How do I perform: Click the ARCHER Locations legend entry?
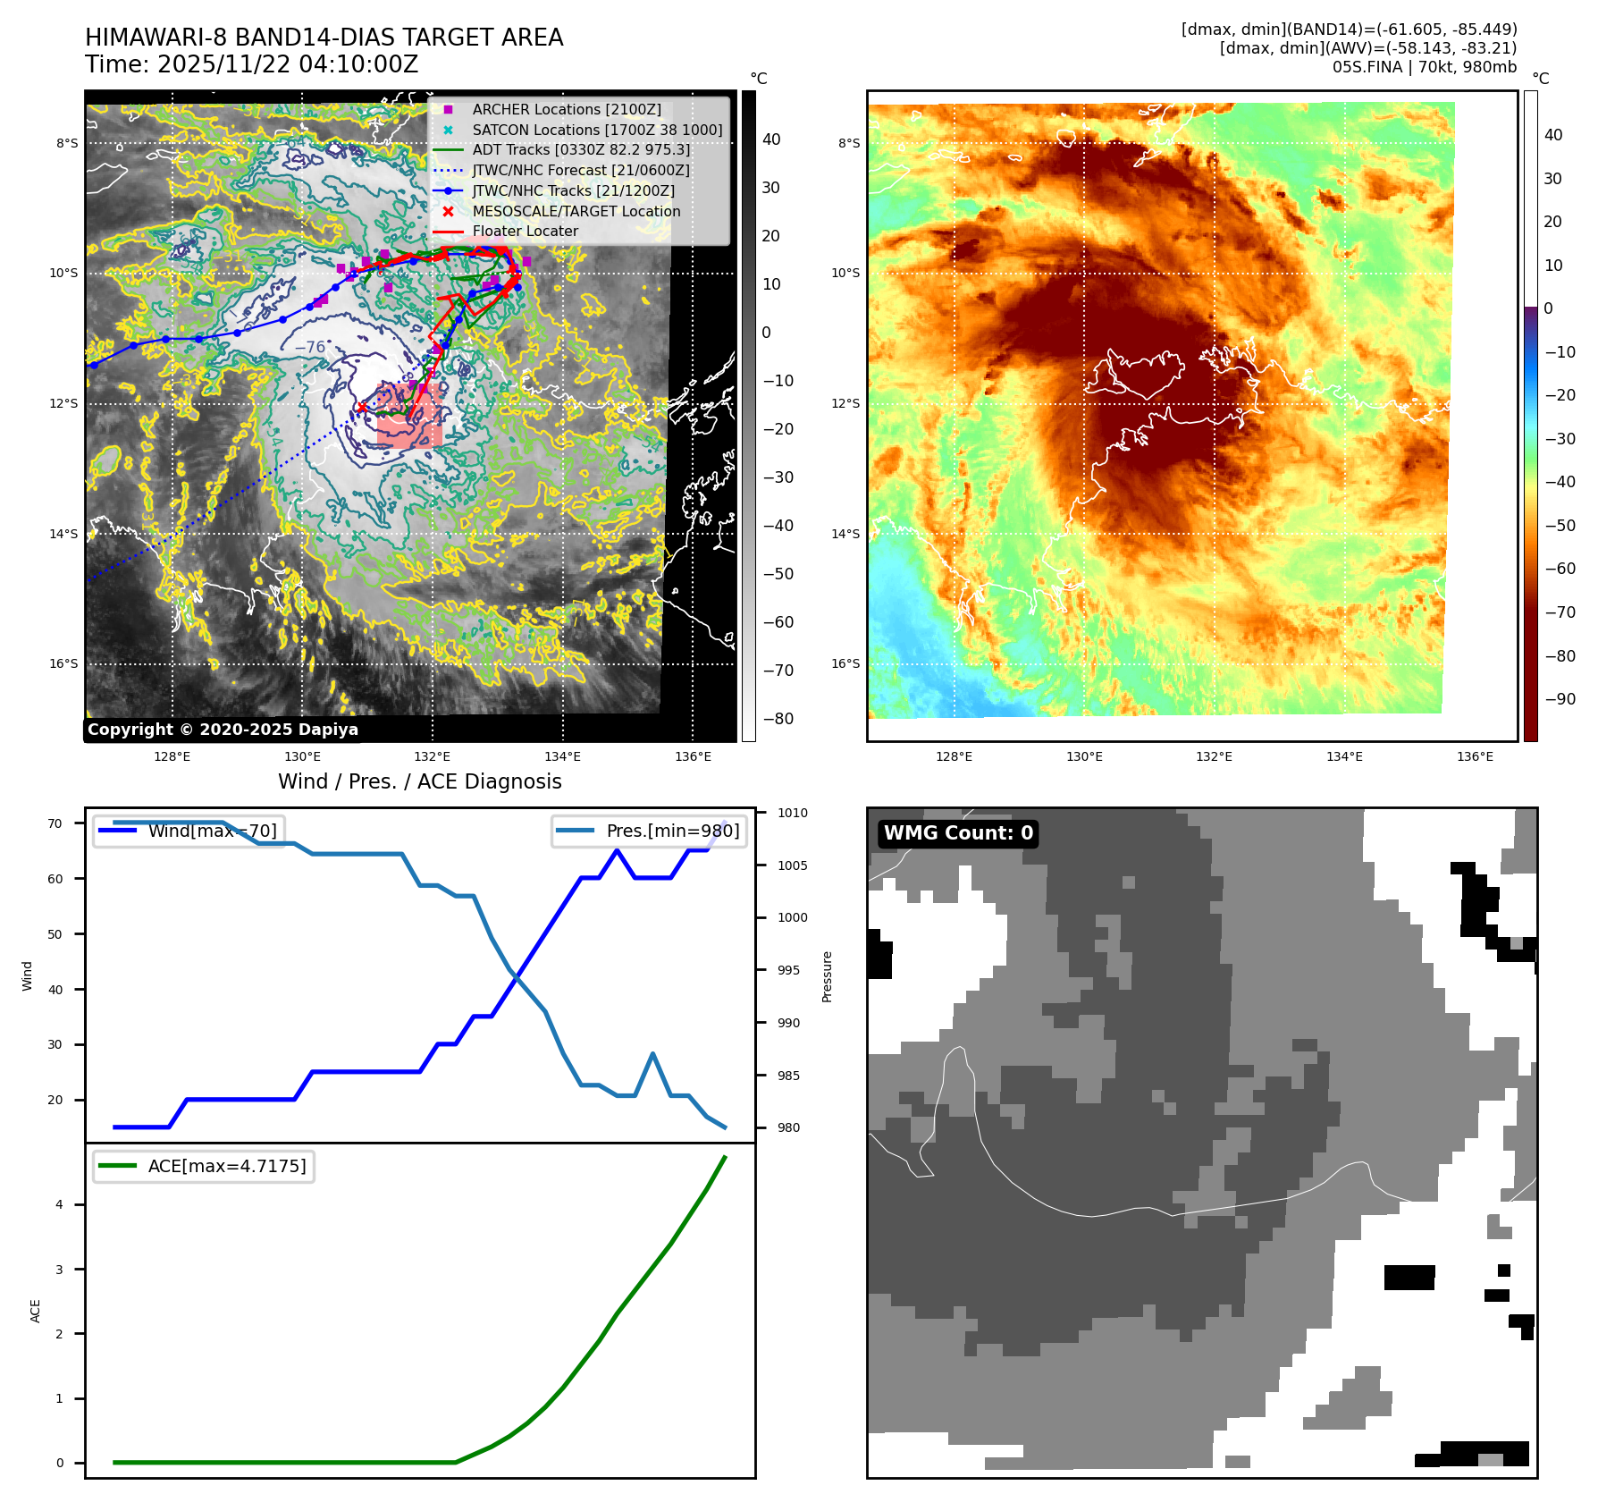pyautogui.click(x=567, y=109)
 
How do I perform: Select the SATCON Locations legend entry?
pyautogui.click(x=597, y=130)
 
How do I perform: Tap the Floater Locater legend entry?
pyautogui.click(x=525, y=231)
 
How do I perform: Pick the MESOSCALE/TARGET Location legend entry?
pyautogui.click(x=576, y=211)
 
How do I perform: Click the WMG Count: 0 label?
pyautogui.click(x=958, y=833)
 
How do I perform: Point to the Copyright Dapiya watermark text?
pyautogui.click(x=223, y=730)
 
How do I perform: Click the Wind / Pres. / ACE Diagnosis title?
pyautogui.click(x=419, y=781)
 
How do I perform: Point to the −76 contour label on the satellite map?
pyautogui.click(x=310, y=347)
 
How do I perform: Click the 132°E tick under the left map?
pyautogui.click(x=433, y=756)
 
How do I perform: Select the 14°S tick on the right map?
pyautogui.click(x=845, y=534)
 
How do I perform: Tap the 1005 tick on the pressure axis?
pyautogui.click(x=792, y=865)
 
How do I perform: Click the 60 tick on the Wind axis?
pyautogui.click(x=55, y=879)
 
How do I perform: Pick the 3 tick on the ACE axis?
pyautogui.click(x=60, y=1270)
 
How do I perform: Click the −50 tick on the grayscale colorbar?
pyautogui.click(x=778, y=574)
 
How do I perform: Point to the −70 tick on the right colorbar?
pyautogui.click(x=1560, y=612)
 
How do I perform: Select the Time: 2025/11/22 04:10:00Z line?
pyautogui.click(x=251, y=64)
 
